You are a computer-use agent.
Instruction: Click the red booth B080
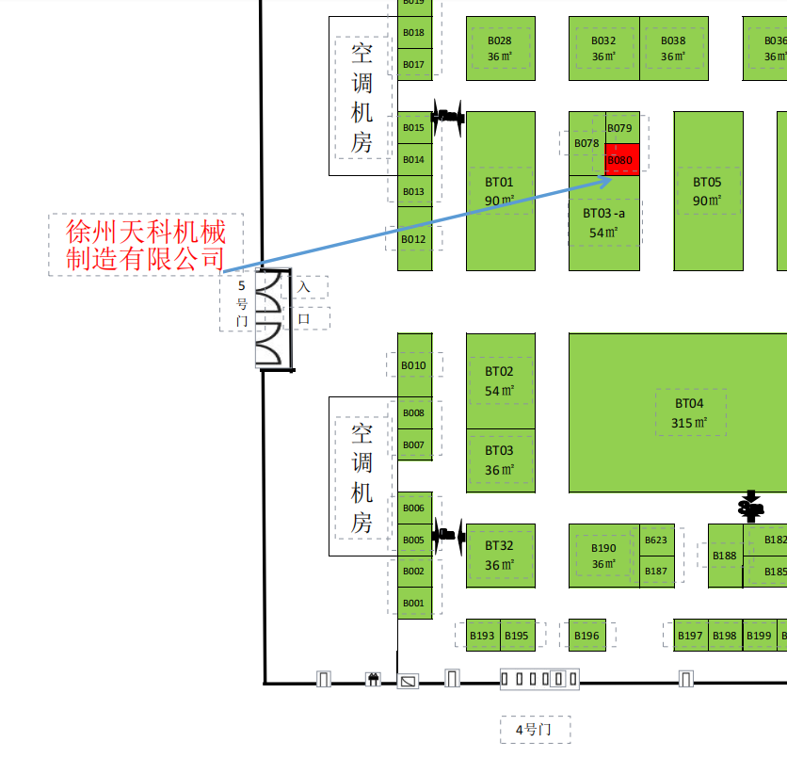[621, 160]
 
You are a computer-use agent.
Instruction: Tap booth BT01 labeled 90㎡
[500, 190]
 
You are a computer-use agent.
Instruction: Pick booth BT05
[708, 190]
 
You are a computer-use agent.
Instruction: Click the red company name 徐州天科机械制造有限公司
[146, 244]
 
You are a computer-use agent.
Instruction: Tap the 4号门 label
[534, 729]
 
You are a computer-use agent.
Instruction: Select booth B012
[414, 239]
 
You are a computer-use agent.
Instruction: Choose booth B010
[414, 365]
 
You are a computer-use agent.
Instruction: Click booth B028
[500, 48]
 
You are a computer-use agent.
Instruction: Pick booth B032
[603, 48]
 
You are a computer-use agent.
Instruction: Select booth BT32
[500, 555]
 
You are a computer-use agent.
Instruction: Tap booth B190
[603, 555]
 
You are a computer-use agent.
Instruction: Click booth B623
[657, 540]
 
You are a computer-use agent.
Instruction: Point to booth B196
[586, 636]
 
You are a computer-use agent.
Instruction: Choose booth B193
[482, 636]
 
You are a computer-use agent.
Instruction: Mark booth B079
[620, 128]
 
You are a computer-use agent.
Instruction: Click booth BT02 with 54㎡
[500, 379]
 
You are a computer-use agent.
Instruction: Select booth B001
[414, 603]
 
